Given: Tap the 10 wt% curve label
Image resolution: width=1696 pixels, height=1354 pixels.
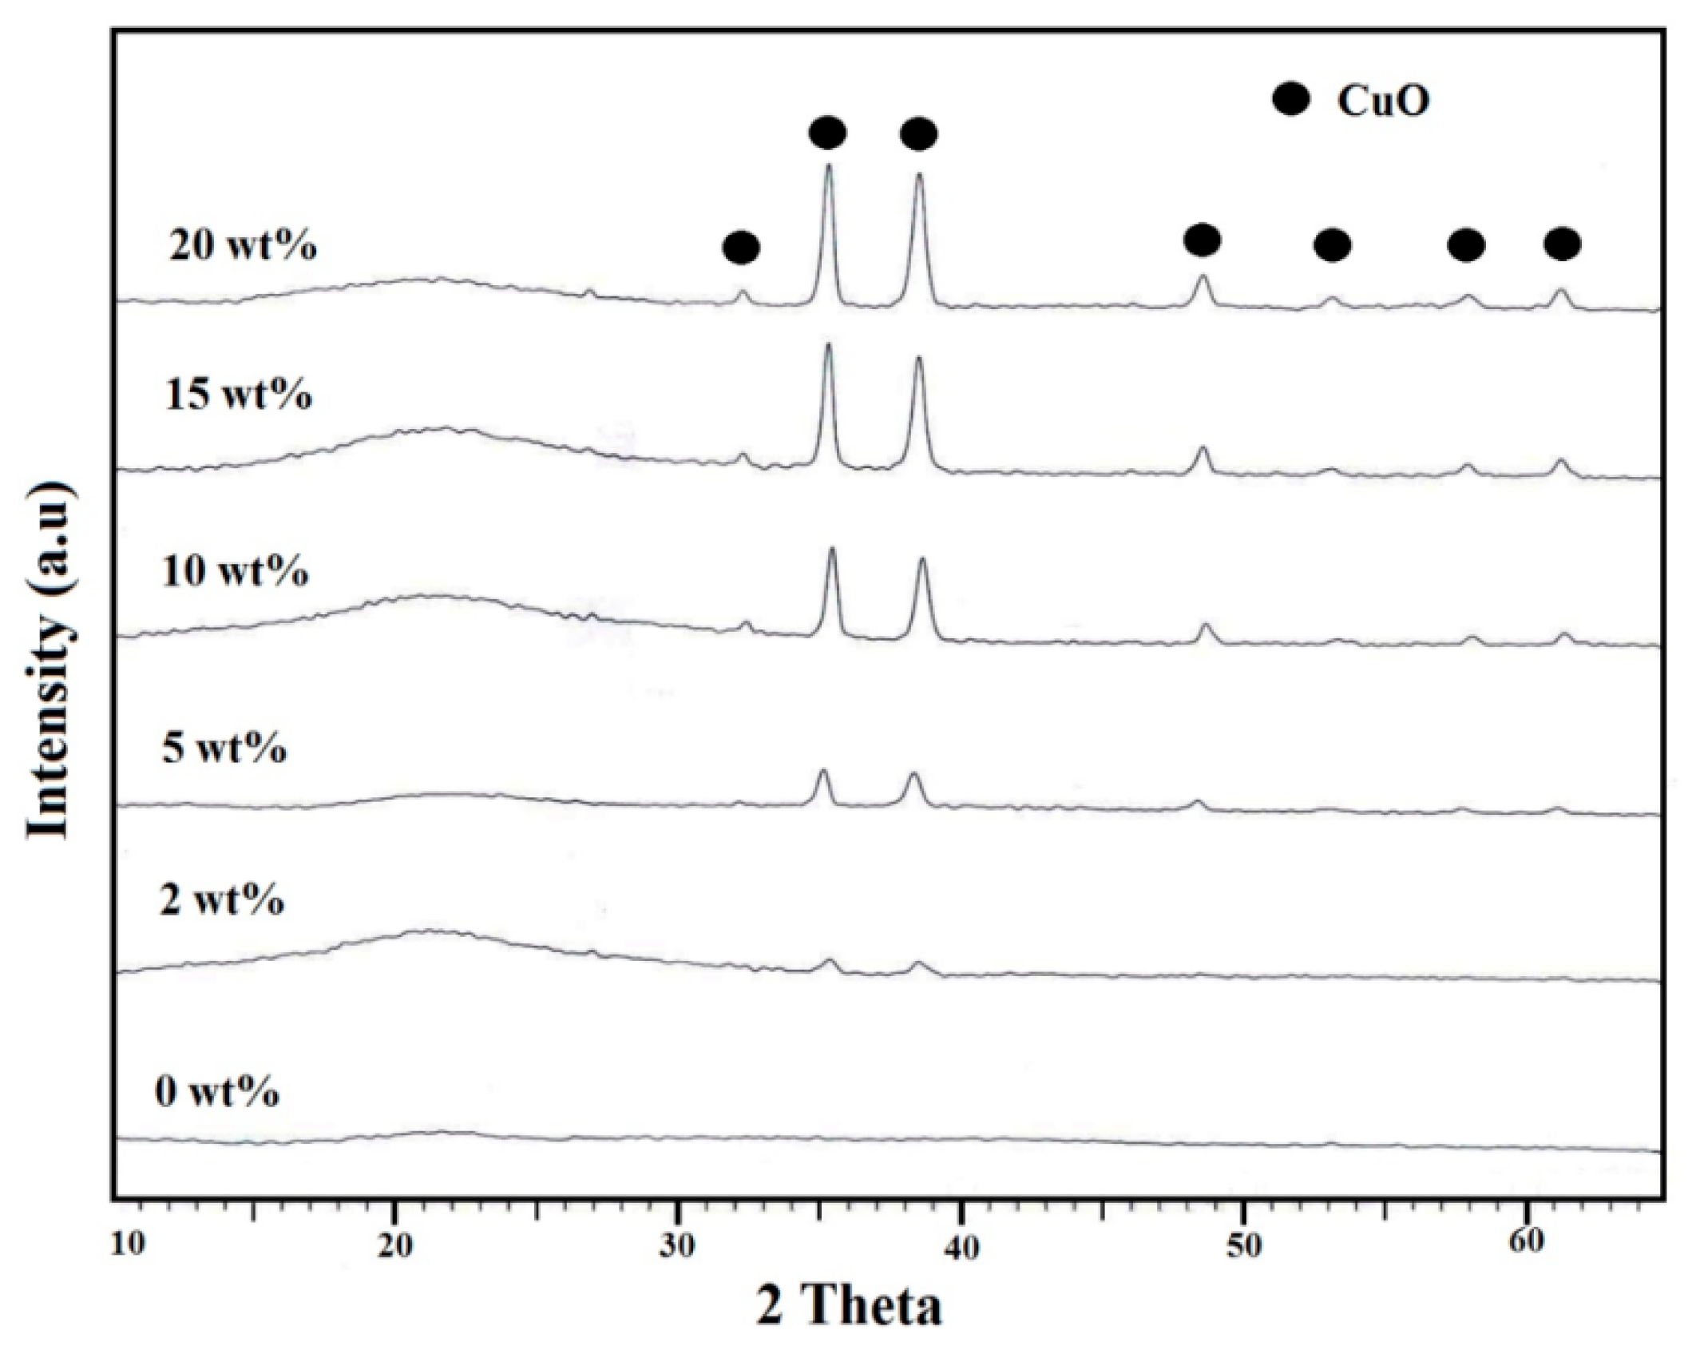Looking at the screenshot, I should pyautogui.click(x=235, y=571).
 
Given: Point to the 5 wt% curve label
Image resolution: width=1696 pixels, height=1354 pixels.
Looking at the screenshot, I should pyautogui.click(x=224, y=749).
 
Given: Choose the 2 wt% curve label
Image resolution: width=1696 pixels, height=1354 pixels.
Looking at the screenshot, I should pyautogui.click(x=221, y=900).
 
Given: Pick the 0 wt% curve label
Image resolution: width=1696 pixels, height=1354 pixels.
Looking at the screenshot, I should pyautogui.click(x=216, y=1091).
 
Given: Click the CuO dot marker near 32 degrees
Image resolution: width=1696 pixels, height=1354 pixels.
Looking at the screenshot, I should pyautogui.click(x=740, y=248).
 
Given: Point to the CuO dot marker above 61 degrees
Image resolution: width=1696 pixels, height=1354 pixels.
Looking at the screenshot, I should pyautogui.click(x=1562, y=244).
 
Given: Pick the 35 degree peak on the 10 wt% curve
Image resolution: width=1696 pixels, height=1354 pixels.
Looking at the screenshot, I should pyautogui.click(x=832, y=550).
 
